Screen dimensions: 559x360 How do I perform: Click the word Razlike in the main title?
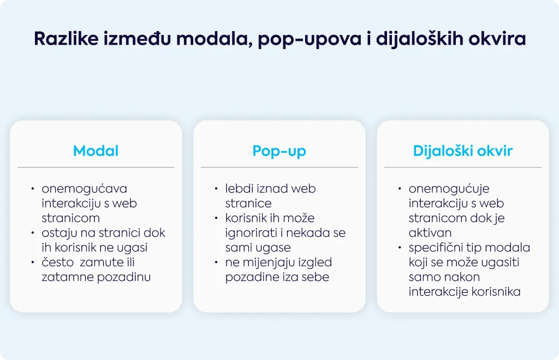pos(66,38)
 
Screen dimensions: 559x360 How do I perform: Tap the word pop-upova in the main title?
pos(310,39)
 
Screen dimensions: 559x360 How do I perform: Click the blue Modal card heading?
pos(96,151)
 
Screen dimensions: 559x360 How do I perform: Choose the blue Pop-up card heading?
pos(279,151)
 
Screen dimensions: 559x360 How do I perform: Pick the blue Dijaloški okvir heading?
pos(463,151)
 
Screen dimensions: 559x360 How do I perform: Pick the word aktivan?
pos(430,233)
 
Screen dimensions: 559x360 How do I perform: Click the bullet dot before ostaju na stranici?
pos(33,233)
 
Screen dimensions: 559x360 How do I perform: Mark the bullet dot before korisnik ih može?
pos(216,218)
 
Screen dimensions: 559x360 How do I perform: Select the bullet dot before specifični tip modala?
pos(400,248)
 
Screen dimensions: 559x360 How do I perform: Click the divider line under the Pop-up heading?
pos(279,167)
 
